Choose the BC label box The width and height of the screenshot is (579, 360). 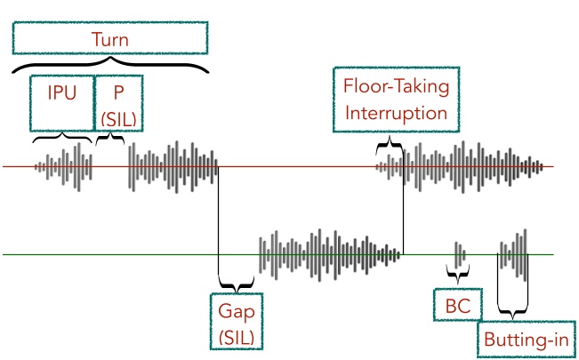459,306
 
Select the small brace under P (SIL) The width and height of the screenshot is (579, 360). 109,139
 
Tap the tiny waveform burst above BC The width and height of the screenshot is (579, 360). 459,255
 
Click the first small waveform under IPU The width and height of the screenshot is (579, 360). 63,165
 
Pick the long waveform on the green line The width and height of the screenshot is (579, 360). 329,254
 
